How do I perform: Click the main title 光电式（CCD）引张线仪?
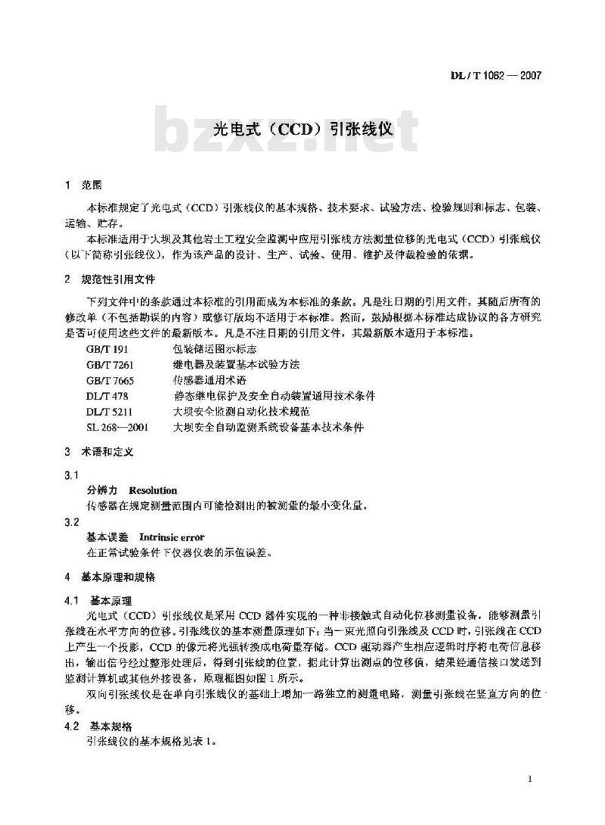(x=302, y=130)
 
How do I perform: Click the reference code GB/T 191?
(x=105, y=350)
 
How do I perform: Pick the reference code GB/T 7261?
(x=107, y=365)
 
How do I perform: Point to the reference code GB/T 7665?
(x=107, y=381)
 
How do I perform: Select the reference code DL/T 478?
(x=105, y=396)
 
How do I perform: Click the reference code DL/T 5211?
(x=107, y=412)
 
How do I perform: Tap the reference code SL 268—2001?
(x=117, y=428)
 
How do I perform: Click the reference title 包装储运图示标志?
(x=215, y=350)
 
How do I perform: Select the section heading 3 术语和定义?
(x=100, y=453)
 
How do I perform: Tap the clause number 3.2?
(x=73, y=522)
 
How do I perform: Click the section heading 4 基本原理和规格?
(x=110, y=577)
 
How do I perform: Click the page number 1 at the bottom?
(x=533, y=779)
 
